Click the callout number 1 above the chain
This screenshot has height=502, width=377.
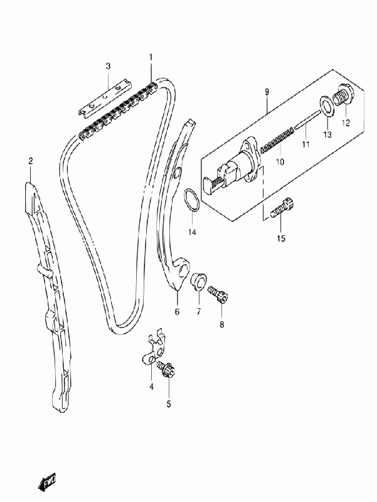click(151, 58)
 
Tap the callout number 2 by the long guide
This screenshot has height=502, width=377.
click(29, 161)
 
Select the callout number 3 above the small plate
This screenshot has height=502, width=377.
click(107, 66)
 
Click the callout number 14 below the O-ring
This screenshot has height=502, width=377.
click(192, 233)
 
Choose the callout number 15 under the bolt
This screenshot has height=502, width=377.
click(281, 238)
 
